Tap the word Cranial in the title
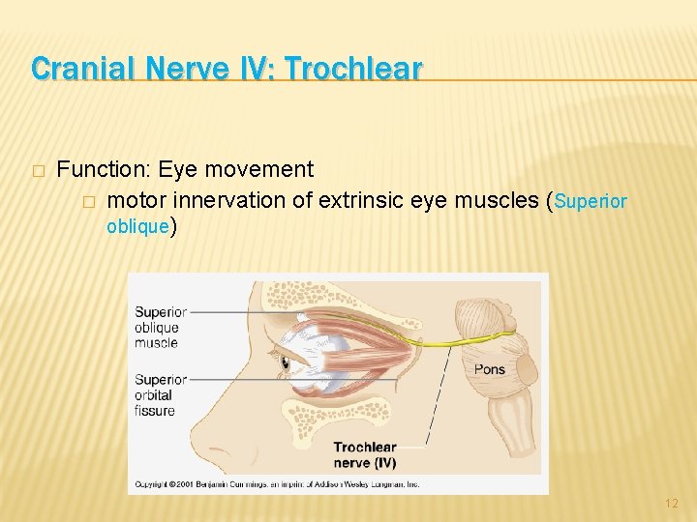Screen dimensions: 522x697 tap(76, 69)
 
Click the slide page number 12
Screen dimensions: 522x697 tap(673, 504)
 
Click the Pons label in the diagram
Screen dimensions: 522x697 tap(489, 369)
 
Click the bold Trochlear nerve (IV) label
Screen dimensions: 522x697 tap(365, 454)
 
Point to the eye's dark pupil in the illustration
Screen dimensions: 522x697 tap(285, 365)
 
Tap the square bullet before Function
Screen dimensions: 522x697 tap(38, 171)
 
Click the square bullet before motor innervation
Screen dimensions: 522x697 tap(88, 202)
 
